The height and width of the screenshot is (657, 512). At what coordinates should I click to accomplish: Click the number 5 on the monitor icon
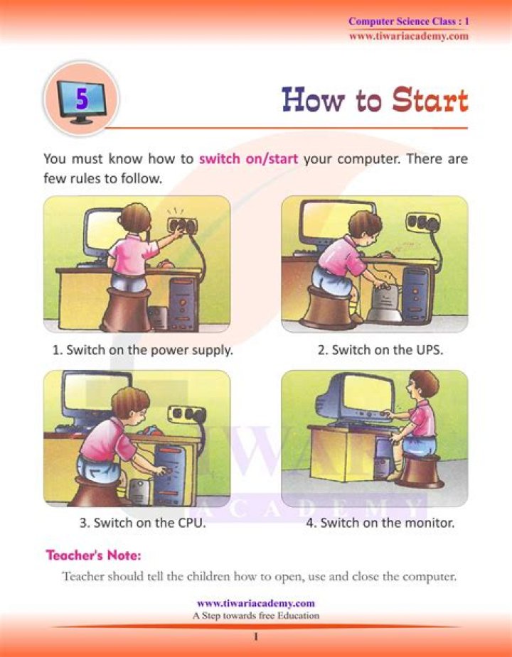(82, 99)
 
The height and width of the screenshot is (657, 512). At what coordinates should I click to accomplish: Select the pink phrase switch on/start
(248, 158)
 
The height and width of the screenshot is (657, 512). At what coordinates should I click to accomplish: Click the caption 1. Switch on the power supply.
(142, 349)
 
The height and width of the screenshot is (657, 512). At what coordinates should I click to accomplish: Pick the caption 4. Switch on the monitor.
(387, 523)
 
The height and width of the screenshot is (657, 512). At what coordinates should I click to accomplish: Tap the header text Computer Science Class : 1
(408, 22)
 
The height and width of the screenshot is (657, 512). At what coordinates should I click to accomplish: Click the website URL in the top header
(408, 36)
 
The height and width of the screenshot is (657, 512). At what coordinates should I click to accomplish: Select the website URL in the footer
(255, 603)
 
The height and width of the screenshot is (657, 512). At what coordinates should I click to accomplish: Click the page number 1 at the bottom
(255, 637)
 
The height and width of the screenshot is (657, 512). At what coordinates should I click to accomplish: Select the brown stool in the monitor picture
(420, 471)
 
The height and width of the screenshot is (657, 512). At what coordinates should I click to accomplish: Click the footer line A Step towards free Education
(255, 615)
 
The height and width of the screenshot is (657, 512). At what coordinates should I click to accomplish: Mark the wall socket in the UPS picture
(422, 223)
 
